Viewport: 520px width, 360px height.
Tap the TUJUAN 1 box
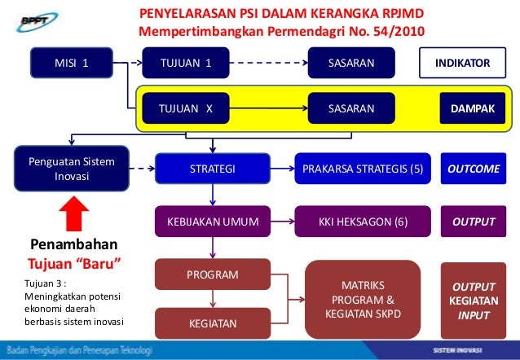pos(186,63)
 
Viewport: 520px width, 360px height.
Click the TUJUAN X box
pos(186,108)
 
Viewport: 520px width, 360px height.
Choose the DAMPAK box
pos(467,108)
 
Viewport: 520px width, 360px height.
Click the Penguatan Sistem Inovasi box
pos(72,169)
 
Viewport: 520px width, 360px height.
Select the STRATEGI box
pos(213,169)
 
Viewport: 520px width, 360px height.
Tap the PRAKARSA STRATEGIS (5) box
pos(363,169)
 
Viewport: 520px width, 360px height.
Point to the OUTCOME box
pos(474,169)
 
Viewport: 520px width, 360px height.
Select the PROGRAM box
pos(213,275)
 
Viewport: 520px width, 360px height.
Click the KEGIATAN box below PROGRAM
pos(213,323)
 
